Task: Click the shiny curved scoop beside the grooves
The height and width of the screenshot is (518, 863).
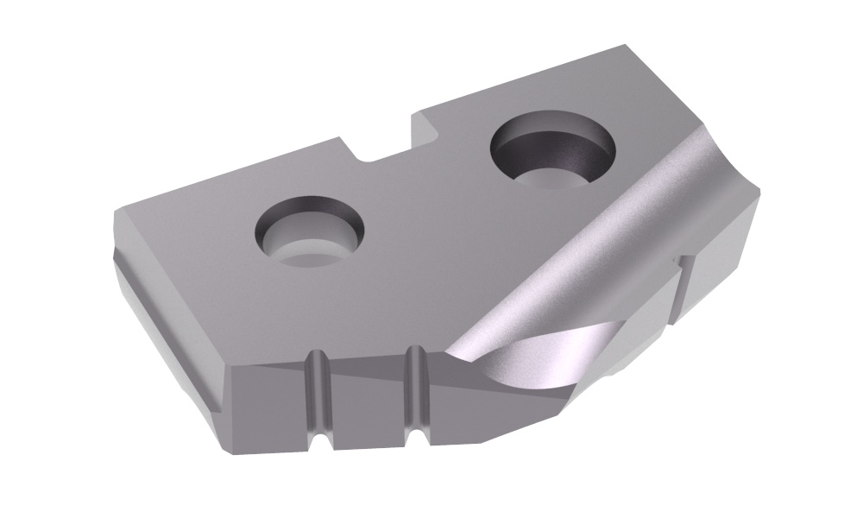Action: pos(509,363)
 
